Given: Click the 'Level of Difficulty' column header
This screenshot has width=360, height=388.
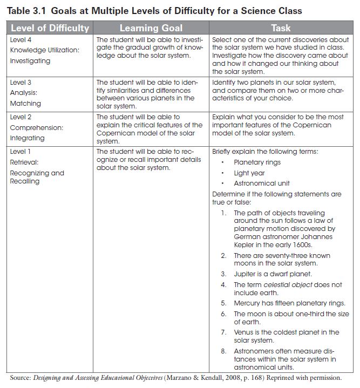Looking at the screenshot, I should [50, 28].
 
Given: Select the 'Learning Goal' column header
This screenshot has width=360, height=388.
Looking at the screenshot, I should [151, 28].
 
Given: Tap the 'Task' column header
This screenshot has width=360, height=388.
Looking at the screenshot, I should [281, 28].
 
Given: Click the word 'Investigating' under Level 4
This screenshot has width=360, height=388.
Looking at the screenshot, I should [30, 61].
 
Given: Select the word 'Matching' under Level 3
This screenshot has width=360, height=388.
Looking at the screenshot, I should [25, 103].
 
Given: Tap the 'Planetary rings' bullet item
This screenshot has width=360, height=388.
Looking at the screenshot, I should [257, 162].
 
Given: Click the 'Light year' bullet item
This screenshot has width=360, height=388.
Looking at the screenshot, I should [249, 173].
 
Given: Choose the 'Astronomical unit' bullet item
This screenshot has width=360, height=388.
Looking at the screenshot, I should [262, 183].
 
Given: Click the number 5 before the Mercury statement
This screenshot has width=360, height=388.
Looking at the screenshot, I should [223, 303].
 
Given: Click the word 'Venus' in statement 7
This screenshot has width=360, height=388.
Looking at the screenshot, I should [243, 332].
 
